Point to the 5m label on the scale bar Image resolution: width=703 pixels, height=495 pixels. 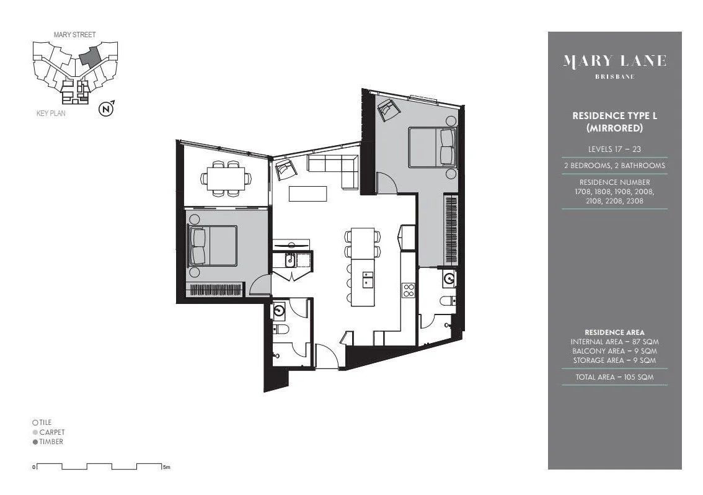[166, 467]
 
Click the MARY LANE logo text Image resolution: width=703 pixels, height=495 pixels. [614, 61]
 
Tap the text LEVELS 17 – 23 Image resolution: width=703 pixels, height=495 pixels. [614, 149]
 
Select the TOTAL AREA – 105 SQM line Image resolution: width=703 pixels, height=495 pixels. [614, 377]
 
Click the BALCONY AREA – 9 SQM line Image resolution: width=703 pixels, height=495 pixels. [614, 351]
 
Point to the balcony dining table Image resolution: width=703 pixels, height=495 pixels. [226, 178]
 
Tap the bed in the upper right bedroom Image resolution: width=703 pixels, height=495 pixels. [431, 146]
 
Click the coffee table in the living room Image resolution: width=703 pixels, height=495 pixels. [307, 194]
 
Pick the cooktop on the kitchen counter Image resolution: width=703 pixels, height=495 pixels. [409, 290]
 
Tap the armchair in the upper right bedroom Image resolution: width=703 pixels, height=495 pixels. [388, 109]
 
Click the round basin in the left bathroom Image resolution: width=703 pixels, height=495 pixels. [280, 310]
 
